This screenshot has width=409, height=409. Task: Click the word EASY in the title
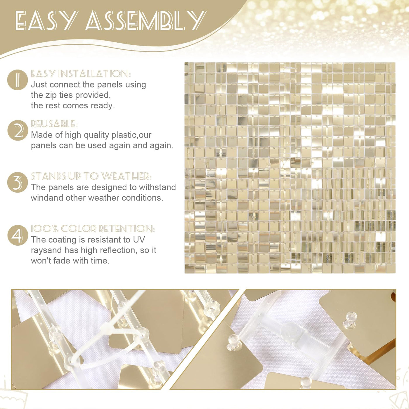point(46,20)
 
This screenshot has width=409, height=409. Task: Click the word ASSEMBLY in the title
point(146,20)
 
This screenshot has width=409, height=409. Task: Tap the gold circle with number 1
point(18,80)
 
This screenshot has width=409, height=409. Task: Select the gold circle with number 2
point(18,130)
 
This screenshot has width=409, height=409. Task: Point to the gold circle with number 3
point(18,182)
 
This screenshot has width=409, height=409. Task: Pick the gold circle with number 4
point(18,235)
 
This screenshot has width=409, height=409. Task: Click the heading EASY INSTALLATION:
point(81,74)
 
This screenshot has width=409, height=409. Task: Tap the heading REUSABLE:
point(54,124)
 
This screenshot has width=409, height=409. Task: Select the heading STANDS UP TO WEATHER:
point(91,176)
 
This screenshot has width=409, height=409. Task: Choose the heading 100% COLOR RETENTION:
point(93,228)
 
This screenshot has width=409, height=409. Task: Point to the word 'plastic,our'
point(131,135)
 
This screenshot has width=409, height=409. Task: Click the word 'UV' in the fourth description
point(139,240)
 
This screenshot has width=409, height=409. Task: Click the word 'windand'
point(47,198)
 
